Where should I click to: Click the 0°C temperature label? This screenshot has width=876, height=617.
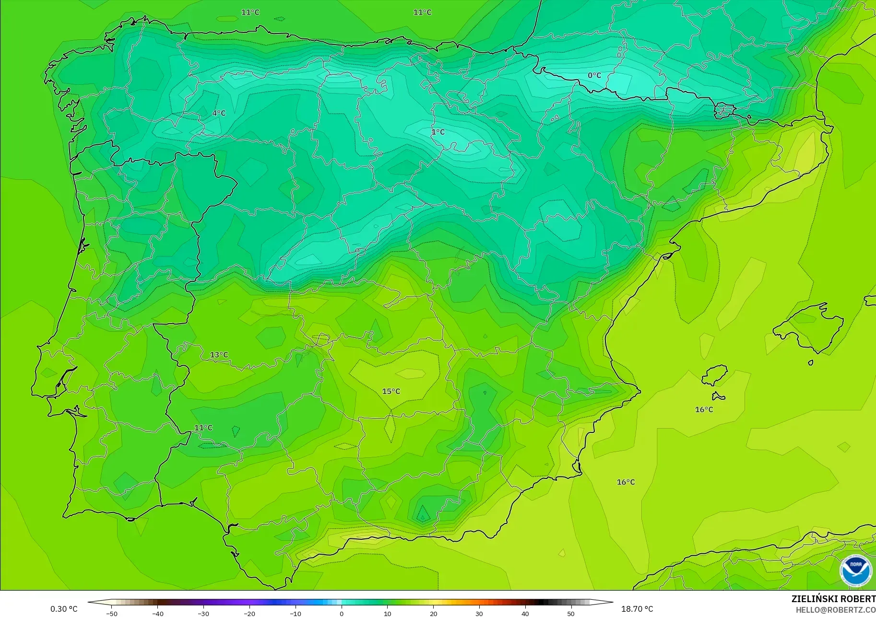[x=594, y=75]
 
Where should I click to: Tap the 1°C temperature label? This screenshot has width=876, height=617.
[x=438, y=132]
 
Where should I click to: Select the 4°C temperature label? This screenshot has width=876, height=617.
[x=219, y=113]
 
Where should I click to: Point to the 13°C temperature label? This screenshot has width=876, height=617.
[x=219, y=355]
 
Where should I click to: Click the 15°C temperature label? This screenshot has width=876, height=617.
[x=391, y=391]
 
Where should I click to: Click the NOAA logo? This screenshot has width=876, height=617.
[x=855, y=570]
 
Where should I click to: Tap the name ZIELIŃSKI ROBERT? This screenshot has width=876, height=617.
[x=833, y=599]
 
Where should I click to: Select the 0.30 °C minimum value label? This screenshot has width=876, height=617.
[x=64, y=609]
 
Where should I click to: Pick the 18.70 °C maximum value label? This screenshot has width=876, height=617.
[x=637, y=609]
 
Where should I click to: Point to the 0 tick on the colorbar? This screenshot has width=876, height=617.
[x=342, y=614]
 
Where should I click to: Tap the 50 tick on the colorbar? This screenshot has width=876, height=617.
[x=571, y=614]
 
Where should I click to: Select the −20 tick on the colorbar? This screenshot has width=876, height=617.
[x=249, y=614]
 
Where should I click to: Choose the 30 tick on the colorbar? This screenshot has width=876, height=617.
[x=479, y=614]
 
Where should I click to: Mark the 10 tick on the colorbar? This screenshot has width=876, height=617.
[x=388, y=614]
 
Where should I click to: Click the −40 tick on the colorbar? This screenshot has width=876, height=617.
[x=157, y=614]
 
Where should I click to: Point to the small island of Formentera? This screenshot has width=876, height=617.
[x=718, y=396]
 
